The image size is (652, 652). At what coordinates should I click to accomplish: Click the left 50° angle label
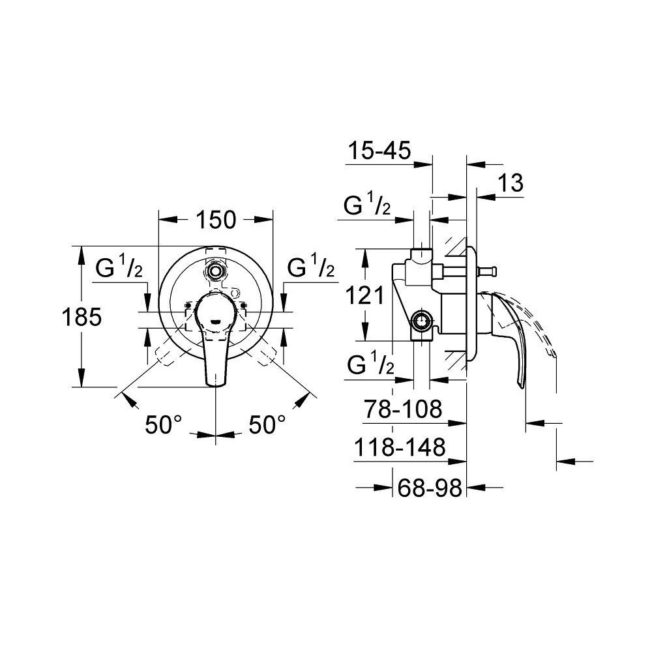(163, 424)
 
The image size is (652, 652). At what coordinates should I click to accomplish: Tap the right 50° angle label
(267, 424)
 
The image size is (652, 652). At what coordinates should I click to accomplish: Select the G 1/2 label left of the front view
(119, 268)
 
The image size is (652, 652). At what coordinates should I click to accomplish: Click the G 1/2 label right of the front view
(311, 268)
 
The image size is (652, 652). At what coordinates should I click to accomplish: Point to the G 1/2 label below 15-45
(368, 207)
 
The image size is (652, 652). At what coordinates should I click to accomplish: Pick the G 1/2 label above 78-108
(368, 366)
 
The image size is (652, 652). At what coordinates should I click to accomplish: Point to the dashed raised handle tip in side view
(553, 353)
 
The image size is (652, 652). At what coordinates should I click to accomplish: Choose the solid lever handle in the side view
(515, 346)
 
